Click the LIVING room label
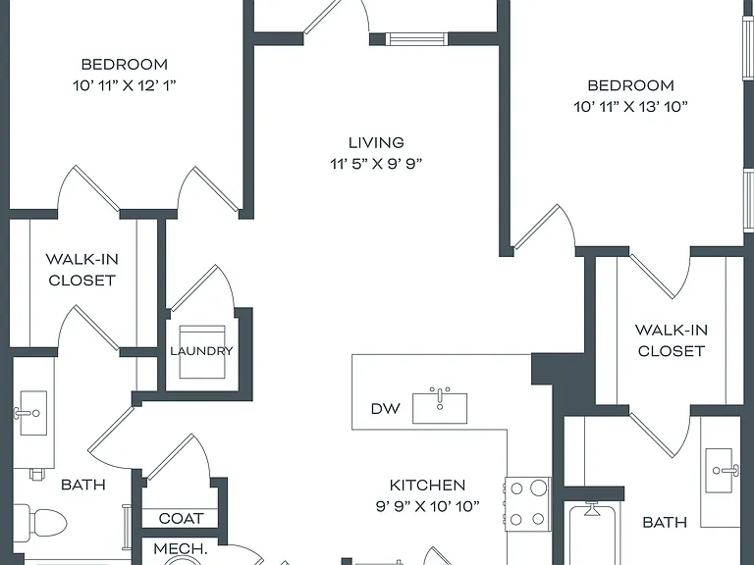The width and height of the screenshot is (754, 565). pyautogui.click(x=376, y=142)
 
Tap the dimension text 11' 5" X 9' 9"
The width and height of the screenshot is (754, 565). pyautogui.click(x=376, y=164)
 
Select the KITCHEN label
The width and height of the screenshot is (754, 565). pyautogui.click(x=427, y=486)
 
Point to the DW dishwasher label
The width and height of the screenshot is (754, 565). pyautogui.click(x=386, y=409)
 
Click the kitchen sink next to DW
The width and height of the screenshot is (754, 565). pyautogui.click(x=440, y=406)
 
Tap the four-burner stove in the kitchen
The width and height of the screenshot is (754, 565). pyautogui.click(x=527, y=504)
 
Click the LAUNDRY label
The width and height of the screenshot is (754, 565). pyautogui.click(x=201, y=351)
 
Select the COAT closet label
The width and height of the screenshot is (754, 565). pyautogui.click(x=182, y=518)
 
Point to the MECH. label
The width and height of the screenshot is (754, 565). pyautogui.click(x=181, y=548)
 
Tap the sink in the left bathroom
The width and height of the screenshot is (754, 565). pyautogui.click(x=32, y=413)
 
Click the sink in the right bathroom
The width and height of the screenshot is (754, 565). pyautogui.click(x=720, y=471)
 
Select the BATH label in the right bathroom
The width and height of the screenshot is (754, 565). pyautogui.click(x=665, y=522)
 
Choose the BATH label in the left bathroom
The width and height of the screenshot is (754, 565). pyautogui.click(x=83, y=485)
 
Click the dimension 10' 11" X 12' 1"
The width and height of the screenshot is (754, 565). pyautogui.click(x=125, y=85)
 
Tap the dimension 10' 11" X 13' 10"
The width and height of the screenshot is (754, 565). pyautogui.click(x=631, y=107)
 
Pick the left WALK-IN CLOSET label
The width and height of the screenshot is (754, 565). pyautogui.click(x=82, y=270)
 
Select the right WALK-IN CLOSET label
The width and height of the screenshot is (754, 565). pyautogui.click(x=672, y=340)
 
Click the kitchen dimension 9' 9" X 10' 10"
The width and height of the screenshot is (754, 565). pyautogui.click(x=427, y=506)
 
